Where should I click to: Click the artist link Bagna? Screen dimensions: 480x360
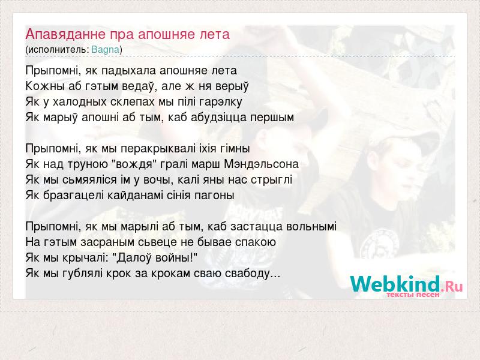pyautogui.click(x=106, y=50)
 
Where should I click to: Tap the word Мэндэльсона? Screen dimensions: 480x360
pyautogui.click(x=262, y=164)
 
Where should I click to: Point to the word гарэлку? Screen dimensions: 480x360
pyautogui.click(x=220, y=102)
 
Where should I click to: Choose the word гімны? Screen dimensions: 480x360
pyautogui.click(x=235, y=148)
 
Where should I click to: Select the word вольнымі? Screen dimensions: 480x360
pyautogui.click(x=311, y=227)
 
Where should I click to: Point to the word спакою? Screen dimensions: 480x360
pyautogui.click(x=256, y=242)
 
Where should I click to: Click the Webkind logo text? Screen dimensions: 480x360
pyautogui.click(x=395, y=284)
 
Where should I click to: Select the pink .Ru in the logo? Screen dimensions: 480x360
pyautogui.click(x=452, y=287)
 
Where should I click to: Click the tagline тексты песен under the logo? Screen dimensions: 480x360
pyautogui.click(x=413, y=295)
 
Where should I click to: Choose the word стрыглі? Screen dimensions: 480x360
pyautogui.click(x=272, y=179)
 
